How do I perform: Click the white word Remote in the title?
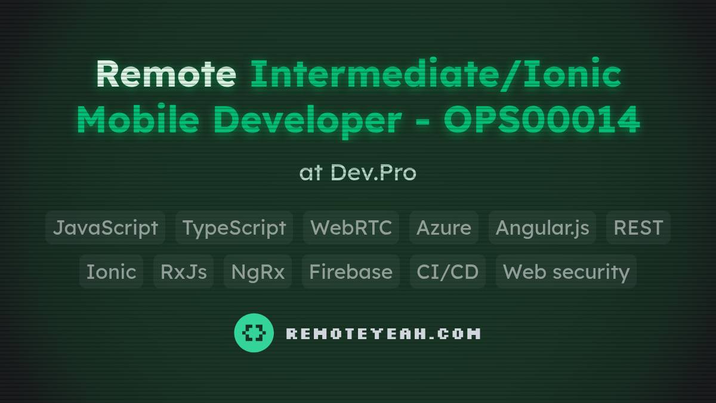coord(165,75)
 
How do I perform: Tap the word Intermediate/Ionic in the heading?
coord(436,75)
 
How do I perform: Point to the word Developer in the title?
coord(307,121)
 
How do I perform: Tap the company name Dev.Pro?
coord(373,173)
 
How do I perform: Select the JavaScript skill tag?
coord(106,227)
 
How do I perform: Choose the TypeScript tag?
coord(234,227)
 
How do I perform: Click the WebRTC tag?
coord(351,227)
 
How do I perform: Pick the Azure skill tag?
coord(443,227)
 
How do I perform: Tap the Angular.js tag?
coord(542,227)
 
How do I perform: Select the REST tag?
coord(638,227)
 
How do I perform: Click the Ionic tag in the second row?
coord(111,272)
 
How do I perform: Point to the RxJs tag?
coord(183,272)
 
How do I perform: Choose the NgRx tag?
coord(258,272)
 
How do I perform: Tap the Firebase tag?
coord(350,272)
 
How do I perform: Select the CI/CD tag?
coord(447,272)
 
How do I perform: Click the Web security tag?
coord(566,272)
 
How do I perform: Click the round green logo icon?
coord(254,333)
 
